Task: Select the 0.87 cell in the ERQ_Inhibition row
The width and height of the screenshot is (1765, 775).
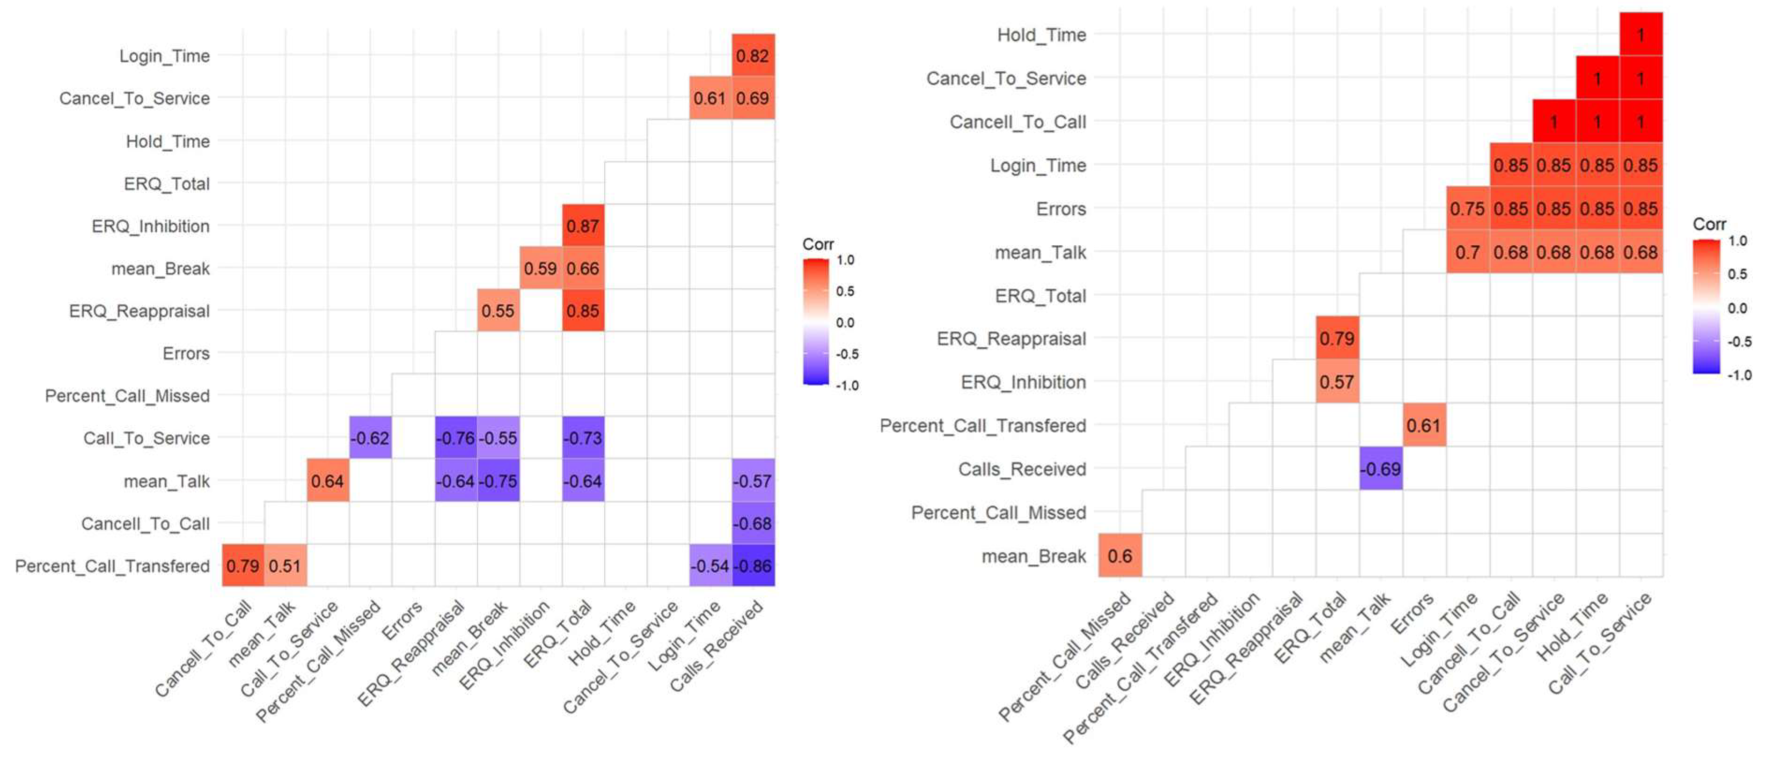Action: point(583,226)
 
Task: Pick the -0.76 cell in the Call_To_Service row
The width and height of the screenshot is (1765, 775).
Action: point(455,438)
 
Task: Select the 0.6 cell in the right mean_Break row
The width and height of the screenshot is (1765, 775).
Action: point(1120,556)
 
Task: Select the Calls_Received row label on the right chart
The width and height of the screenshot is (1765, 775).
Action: point(1022,469)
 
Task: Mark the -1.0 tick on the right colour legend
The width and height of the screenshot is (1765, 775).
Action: point(1739,375)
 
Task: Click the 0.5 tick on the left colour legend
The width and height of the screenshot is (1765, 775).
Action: point(845,291)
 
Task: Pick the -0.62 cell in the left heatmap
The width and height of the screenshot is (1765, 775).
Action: point(370,438)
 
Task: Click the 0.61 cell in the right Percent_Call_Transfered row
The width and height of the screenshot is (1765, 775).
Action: point(1423,425)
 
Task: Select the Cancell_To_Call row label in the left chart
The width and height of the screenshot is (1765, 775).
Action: point(145,524)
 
